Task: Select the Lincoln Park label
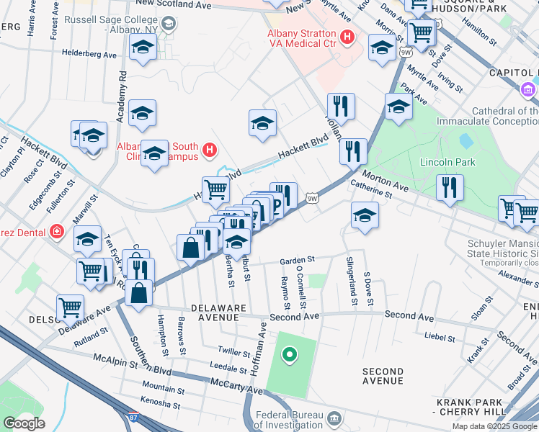click(447, 162)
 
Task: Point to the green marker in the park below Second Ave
click(290, 354)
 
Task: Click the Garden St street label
click(298, 259)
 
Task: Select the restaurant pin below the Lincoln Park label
click(449, 188)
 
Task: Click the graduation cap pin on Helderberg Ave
click(143, 48)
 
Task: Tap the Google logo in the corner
click(23, 423)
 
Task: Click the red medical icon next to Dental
click(57, 232)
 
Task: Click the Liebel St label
click(439, 336)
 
